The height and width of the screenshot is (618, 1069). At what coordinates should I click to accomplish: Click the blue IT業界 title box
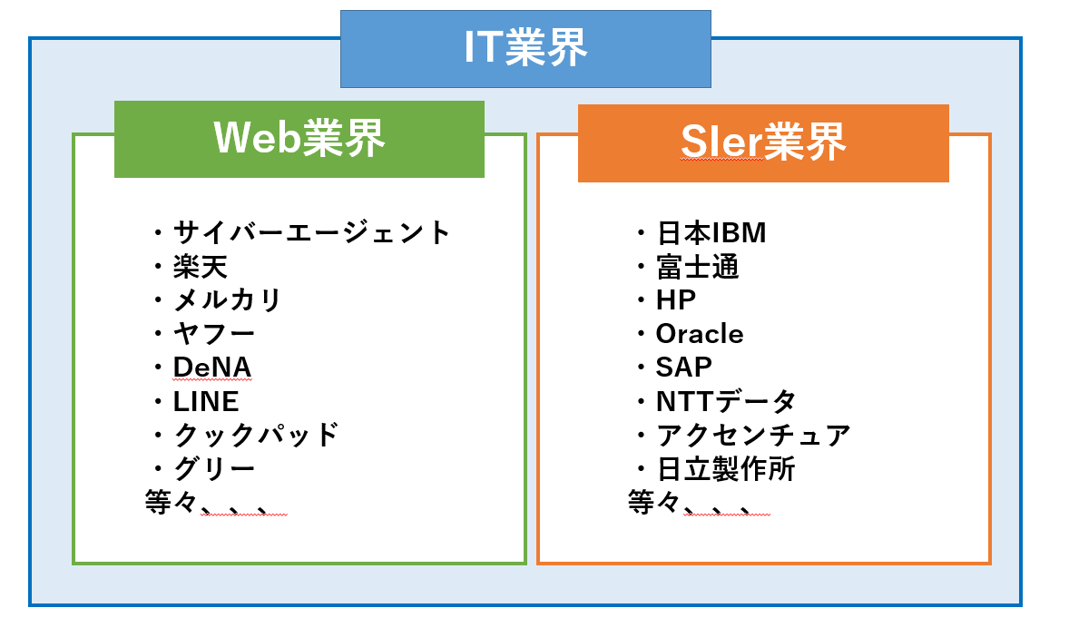[x=525, y=48]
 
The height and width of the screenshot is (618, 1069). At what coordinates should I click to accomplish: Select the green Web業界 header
[x=299, y=139]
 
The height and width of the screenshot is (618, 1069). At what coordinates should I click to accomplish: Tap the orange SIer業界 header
[x=763, y=142]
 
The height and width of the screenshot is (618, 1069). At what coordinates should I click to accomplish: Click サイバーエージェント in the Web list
[x=311, y=232]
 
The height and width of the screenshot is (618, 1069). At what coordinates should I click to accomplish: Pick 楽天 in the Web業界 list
[x=201, y=267]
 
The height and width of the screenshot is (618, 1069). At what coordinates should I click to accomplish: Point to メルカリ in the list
[x=228, y=299]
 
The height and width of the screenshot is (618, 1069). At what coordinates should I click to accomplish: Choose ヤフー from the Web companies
[x=214, y=333]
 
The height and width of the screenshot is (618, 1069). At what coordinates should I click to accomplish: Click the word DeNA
[x=212, y=367]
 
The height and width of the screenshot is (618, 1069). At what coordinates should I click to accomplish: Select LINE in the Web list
[x=206, y=400]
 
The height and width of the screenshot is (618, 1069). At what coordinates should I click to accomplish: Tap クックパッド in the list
[x=256, y=434]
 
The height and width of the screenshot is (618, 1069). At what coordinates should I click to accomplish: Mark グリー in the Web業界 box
[x=214, y=468]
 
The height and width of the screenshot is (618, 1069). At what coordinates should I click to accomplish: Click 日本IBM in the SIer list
[x=711, y=233]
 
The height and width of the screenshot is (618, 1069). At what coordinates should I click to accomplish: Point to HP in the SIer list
[x=676, y=299]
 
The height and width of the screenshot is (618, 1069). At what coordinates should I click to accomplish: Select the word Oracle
[x=699, y=334]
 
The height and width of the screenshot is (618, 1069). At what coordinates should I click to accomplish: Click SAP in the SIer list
[x=683, y=367]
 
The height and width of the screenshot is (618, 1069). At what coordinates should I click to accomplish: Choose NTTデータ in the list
[x=726, y=400]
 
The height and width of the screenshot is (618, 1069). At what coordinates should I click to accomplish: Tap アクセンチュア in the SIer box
[x=752, y=435]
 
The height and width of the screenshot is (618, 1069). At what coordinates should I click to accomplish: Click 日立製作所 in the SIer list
[x=725, y=469]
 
